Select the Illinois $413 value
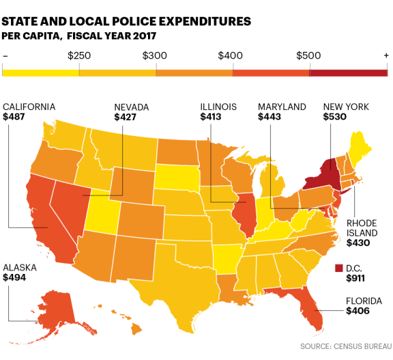pyautogui.click(x=212, y=117)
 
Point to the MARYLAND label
pyautogui.click(x=282, y=107)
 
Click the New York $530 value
pyautogui.click(x=335, y=117)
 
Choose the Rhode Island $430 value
pyautogui.click(x=358, y=243)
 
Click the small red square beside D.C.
pyautogui.click(x=339, y=268)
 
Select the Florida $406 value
pyautogui.click(x=358, y=311)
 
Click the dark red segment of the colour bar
pyautogui.click(x=349, y=72)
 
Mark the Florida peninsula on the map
pyautogui.click(x=312, y=311)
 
